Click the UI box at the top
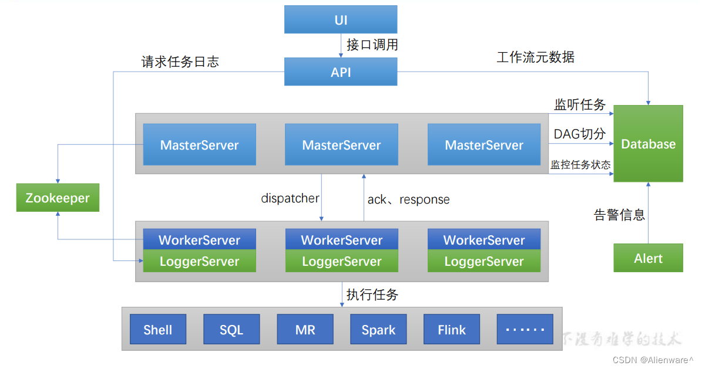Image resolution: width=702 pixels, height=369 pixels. pos(341,19)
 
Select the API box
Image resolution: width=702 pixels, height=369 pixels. pos(341,72)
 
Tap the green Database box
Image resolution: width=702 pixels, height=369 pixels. pos(648,144)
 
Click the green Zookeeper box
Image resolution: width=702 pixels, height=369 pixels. pos(58,198)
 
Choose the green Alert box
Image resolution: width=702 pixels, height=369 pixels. pos(648,258)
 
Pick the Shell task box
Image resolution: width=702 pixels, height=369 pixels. pos(157,329)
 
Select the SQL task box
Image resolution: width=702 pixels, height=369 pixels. pos(231,329)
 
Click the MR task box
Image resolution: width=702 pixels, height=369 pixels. pos(305,329)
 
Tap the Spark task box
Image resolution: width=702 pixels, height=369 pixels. pos(378,329)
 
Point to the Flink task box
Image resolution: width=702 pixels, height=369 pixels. pos(452,329)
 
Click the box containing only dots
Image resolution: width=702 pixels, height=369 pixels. pos(525,329)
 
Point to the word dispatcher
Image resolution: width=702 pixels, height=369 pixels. pos(290,198)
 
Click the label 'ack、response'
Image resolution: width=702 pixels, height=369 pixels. pos(409,199)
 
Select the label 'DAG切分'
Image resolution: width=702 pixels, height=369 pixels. pos(579,134)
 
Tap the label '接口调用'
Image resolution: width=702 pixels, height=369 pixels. pos(372,45)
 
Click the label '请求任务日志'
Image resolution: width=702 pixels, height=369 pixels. pos(180,62)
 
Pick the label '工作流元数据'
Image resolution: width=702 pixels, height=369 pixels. pos(535,57)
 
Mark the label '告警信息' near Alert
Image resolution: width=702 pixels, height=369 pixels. pos(619,215)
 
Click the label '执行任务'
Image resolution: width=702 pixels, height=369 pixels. pos(372,294)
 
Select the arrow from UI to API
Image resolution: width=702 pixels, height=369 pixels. pos(341,45)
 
